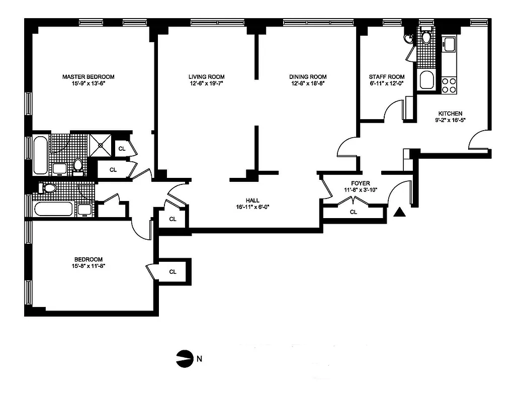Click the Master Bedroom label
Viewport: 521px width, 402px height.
pos(88,77)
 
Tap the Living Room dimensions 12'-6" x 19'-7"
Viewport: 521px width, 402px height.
pos(206,84)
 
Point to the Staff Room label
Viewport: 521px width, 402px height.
pos(386,77)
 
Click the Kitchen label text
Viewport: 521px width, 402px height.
pos(450,114)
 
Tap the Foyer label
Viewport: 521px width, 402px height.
pos(361,183)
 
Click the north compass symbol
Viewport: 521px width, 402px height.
pos(184,359)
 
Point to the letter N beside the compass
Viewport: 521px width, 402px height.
pos(200,359)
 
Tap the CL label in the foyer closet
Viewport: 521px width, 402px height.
pos(353,212)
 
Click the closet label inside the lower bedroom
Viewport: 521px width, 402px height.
pos(172,272)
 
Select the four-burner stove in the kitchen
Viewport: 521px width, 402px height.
pos(449,85)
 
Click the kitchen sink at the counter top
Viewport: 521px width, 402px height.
pos(449,44)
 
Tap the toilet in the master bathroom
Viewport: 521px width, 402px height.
pos(78,165)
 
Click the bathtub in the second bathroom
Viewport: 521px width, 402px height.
pos(54,209)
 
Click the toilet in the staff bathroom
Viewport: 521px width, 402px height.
pos(426,37)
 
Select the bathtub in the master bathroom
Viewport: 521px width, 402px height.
pos(41,154)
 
